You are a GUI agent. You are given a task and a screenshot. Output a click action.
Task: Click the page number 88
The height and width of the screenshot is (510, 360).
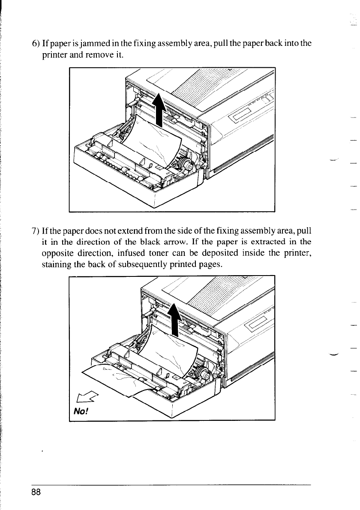tap(36, 492)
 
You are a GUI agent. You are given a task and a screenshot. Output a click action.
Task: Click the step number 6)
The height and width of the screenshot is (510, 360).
tap(36, 44)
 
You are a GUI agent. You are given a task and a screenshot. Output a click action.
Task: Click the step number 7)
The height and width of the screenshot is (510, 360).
tap(36, 232)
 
